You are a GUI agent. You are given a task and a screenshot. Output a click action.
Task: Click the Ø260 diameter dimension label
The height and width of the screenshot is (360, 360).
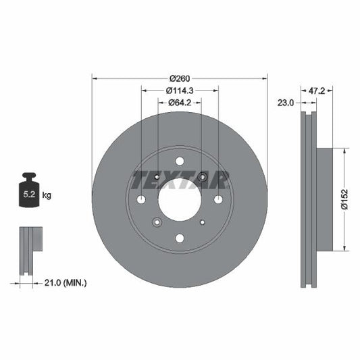click(180, 77)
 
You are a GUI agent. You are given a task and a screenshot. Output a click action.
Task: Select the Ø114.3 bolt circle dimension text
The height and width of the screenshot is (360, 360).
click(180, 90)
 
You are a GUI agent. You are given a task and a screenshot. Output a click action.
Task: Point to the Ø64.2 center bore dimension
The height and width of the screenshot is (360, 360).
click(180, 103)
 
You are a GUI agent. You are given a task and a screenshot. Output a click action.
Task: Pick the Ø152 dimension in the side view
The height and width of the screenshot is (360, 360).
click(344, 199)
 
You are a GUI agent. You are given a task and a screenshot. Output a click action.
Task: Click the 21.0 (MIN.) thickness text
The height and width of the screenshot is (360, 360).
click(65, 282)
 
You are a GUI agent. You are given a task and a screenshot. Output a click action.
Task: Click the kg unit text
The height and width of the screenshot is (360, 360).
click(47, 195)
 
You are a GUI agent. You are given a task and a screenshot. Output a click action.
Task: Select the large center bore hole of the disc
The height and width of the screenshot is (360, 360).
click(180, 199)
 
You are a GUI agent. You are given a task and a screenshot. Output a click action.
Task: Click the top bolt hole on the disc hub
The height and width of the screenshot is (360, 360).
click(180, 161)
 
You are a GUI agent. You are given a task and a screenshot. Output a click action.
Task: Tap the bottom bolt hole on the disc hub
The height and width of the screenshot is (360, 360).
click(180, 238)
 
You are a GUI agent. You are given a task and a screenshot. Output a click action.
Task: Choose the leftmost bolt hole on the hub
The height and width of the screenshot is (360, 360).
click(141, 199)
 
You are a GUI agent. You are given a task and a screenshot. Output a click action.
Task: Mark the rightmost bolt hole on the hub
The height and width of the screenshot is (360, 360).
click(218, 199)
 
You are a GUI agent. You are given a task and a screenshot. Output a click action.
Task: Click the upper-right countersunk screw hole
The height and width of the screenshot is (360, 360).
click(203, 177)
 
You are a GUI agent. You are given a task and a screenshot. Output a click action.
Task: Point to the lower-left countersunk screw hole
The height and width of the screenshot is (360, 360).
click(157, 222)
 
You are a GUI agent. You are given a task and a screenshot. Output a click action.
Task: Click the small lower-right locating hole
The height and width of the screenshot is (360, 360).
click(203, 222)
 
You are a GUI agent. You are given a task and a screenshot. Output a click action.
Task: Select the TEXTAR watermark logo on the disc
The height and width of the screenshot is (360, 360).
click(180, 180)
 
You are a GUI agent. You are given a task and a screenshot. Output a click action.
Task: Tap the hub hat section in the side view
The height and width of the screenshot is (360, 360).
click(324, 199)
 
